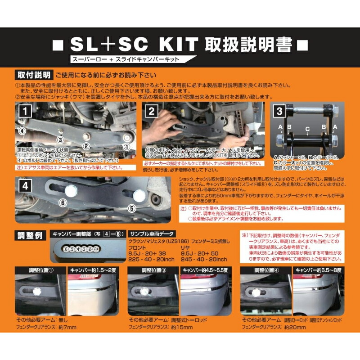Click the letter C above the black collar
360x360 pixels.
(x=307, y=129)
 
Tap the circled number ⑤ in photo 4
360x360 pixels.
(x=132, y=208)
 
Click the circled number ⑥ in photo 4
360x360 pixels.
(x=63, y=203)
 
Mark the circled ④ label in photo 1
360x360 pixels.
(x=21, y=131)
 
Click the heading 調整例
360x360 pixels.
(x=30, y=236)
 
